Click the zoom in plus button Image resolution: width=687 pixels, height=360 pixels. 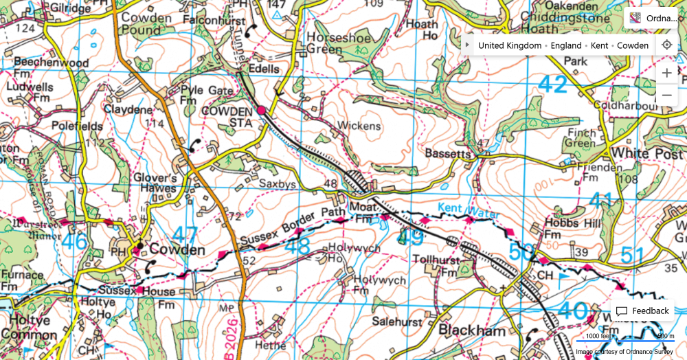tap(666, 73)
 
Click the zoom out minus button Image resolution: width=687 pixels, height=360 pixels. tap(666, 95)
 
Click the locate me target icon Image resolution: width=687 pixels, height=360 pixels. tap(666, 45)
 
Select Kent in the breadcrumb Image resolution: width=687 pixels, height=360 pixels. tap(599, 45)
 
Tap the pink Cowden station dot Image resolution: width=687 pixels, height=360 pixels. tap(261, 110)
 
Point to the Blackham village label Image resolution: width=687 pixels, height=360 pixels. tap(472, 331)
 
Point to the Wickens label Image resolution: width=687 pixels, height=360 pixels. tap(358, 126)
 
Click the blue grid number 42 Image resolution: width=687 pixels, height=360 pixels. tap(553, 85)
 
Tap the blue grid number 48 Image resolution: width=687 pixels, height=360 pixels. tap(297, 246)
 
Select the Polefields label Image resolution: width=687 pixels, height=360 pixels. tap(77, 126)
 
